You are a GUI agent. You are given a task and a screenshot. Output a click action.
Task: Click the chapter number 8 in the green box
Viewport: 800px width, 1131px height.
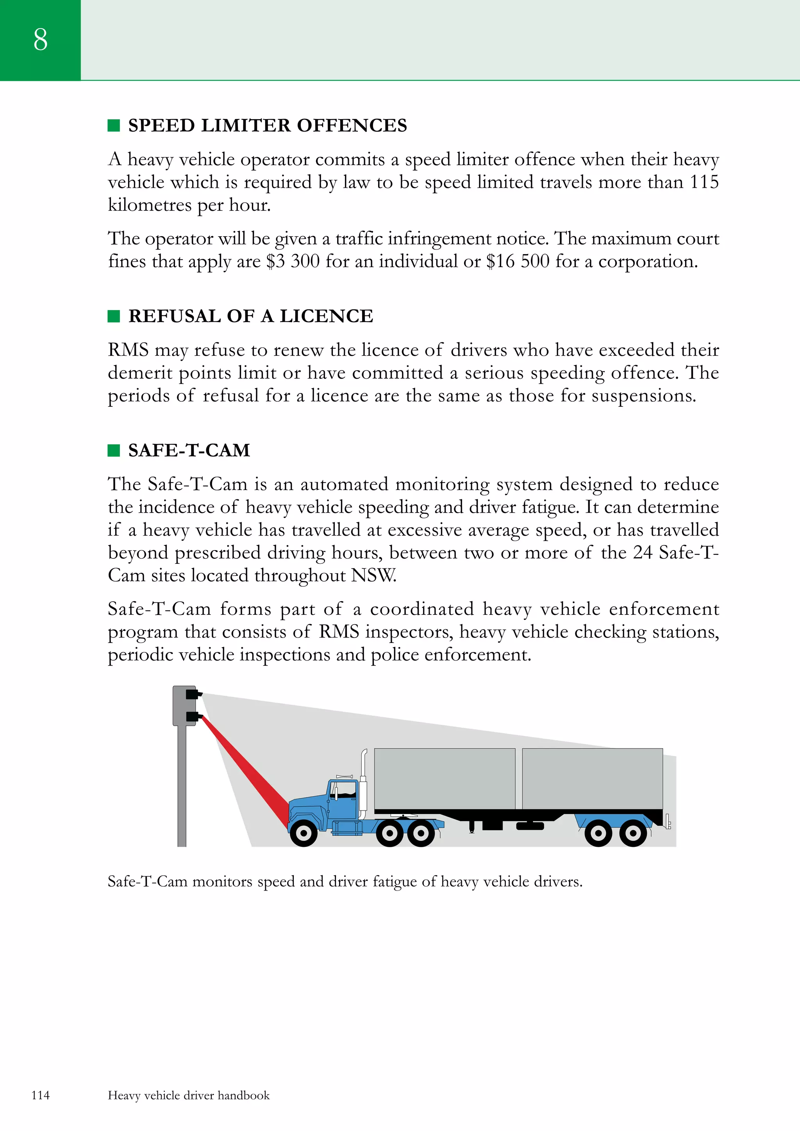(40, 39)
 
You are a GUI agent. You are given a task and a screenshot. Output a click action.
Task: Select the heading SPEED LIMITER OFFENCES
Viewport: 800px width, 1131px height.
(267, 126)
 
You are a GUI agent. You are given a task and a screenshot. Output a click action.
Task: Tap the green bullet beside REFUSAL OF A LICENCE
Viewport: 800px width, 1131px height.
(114, 316)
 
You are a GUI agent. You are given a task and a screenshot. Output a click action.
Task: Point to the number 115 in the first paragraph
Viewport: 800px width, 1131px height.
(704, 182)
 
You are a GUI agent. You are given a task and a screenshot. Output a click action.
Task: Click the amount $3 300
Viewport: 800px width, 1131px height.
(293, 262)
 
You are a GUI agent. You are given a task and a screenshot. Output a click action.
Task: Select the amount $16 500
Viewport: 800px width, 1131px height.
(518, 262)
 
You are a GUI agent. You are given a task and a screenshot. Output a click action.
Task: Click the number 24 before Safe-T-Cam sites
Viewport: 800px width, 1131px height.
(642, 553)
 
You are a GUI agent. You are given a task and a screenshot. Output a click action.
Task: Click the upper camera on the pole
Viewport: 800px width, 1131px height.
(193, 695)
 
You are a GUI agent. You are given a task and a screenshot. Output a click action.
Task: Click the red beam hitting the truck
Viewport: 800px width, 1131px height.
(246, 768)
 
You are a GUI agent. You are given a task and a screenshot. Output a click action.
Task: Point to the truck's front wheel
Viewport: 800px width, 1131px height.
(304, 834)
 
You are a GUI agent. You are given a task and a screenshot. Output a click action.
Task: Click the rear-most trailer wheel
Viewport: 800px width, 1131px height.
(633, 834)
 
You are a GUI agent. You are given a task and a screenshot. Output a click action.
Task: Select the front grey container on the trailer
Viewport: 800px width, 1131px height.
(444, 778)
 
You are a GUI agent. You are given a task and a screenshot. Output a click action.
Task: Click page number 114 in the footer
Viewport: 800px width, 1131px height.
(40, 1095)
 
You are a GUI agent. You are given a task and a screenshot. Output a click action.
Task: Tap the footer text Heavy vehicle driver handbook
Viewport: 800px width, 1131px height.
(189, 1095)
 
